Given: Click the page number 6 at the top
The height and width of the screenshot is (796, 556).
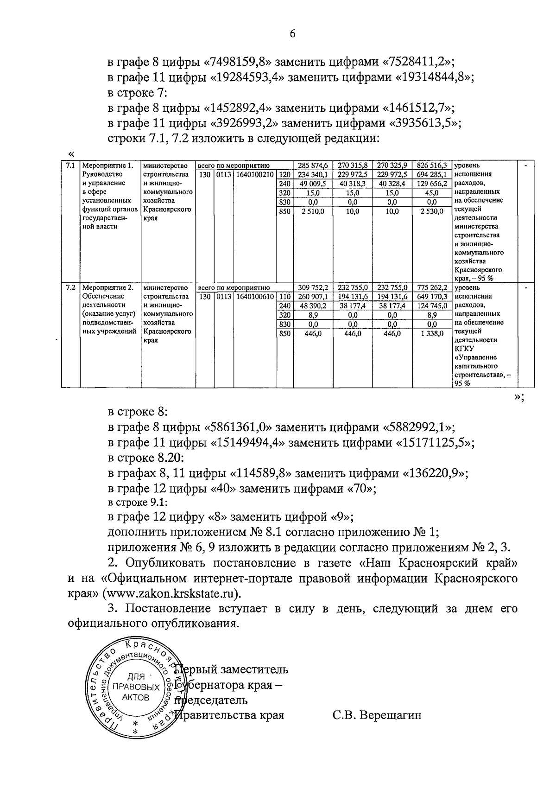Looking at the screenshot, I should [292, 34].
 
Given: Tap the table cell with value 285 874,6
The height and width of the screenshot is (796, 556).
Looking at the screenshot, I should [313, 166].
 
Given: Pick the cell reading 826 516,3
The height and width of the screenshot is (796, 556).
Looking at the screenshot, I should [431, 166].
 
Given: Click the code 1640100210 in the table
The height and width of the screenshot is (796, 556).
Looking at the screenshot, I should [255, 174].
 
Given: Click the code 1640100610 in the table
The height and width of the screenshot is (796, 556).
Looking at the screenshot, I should [255, 297].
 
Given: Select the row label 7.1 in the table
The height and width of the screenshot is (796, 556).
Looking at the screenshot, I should [70, 166].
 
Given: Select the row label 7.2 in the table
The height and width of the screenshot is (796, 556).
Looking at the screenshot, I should [70, 288].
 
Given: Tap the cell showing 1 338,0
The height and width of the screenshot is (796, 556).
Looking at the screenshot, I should [431, 333].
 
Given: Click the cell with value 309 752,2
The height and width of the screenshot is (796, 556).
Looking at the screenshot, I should [313, 288].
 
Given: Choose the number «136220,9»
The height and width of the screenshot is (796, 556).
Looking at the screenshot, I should [434, 474].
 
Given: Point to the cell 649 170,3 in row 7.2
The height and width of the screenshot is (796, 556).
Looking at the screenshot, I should [431, 297].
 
